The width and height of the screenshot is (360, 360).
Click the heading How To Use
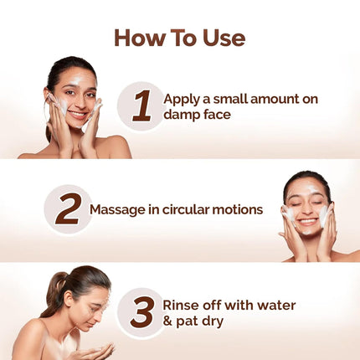pyautogui.click(x=179, y=38)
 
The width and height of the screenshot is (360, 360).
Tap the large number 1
pyautogui.click(x=141, y=106)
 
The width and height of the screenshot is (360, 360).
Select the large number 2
pyautogui.click(x=68, y=208)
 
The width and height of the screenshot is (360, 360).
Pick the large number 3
pyautogui.click(x=141, y=312)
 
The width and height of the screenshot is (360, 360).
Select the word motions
pyautogui.click(x=239, y=209)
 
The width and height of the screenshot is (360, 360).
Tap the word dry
pyautogui.click(x=214, y=321)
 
